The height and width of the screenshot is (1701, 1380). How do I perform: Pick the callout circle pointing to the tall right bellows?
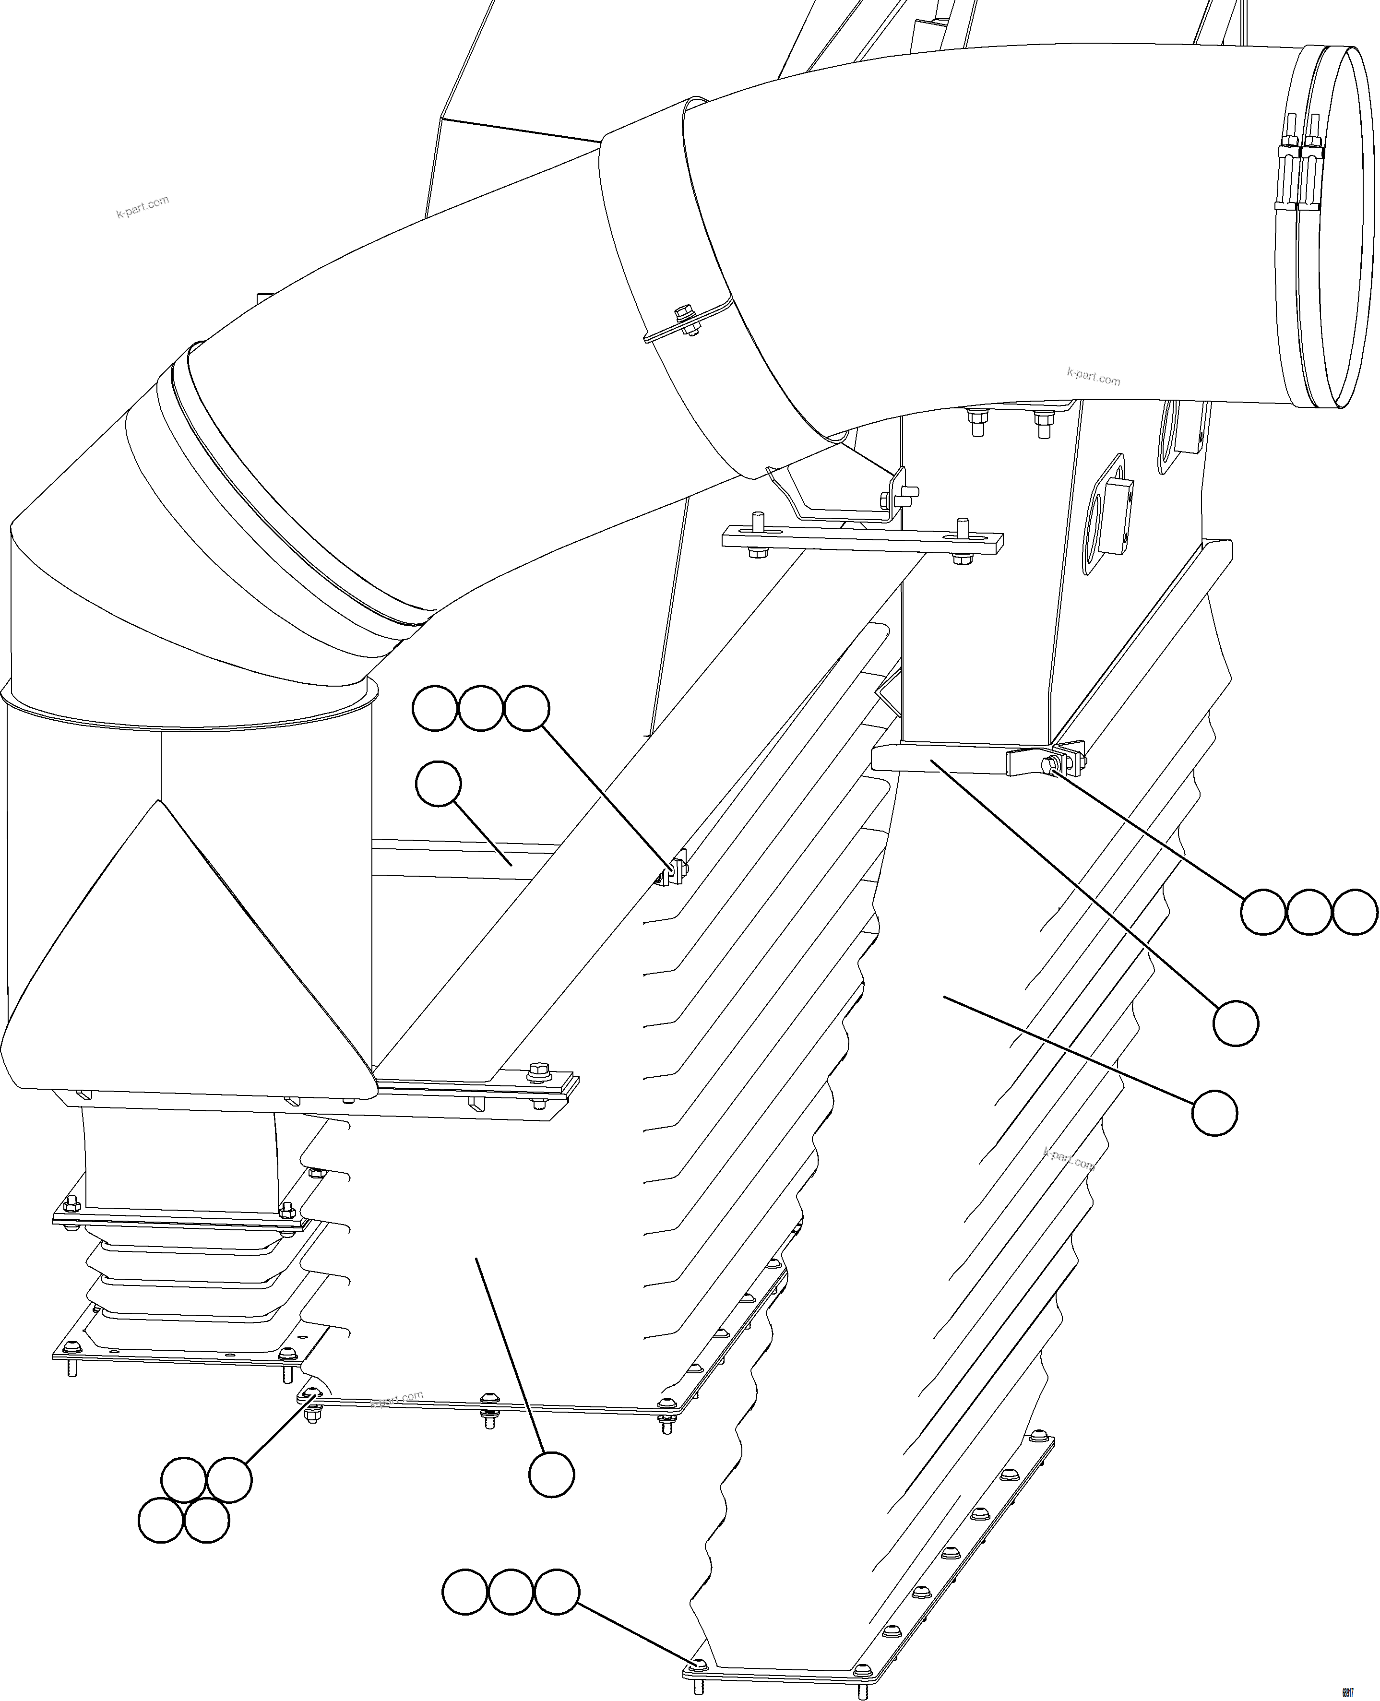(1214, 1113)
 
